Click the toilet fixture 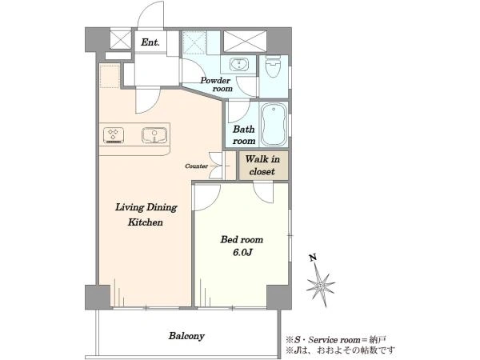click(x=273, y=66)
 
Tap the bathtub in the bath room click(x=274, y=124)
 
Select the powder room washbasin click(x=238, y=65)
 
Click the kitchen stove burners click(x=114, y=135)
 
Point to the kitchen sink click(x=154, y=135)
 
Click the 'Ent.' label click(x=150, y=42)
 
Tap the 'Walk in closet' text click(x=262, y=166)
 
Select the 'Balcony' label click(x=186, y=336)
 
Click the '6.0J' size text click(x=242, y=253)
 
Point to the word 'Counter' click(x=197, y=166)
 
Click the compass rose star click(x=321, y=286)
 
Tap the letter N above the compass click(x=313, y=258)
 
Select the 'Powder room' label click(x=216, y=85)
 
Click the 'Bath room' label click(x=244, y=135)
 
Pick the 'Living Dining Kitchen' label click(x=146, y=214)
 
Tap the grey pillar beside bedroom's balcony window click(x=279, y=298)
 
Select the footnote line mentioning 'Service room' click(x=336, y=340)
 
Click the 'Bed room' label click(x=242, y=239)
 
